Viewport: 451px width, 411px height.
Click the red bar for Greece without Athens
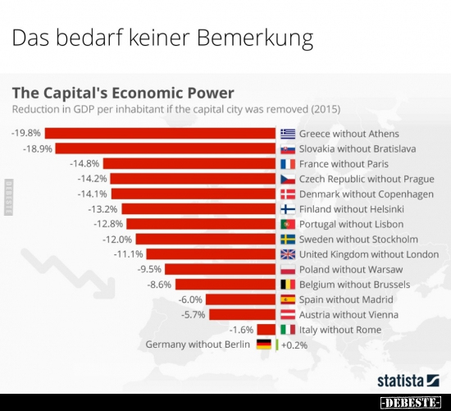point(160,134)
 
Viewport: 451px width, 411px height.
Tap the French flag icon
point(288,164)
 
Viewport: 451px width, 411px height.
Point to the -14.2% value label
point(92,179)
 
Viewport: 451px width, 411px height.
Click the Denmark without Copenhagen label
point(367,194)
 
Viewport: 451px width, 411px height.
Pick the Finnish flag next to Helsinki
point(288,209)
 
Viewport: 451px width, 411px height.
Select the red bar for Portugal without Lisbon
point(201,224)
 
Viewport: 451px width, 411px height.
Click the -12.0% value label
point(117,240)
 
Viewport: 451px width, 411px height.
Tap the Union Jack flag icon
point(288,254)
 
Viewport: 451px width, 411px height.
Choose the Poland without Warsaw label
point(351,269)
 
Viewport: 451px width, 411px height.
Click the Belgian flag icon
point(288,285)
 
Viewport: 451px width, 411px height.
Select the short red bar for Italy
point(266,330)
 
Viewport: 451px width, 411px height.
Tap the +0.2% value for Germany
point(294,345)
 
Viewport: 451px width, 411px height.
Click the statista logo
point(408,380)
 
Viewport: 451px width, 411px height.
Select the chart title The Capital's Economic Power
point(121,93)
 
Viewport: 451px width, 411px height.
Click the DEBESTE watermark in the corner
point(412,403)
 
